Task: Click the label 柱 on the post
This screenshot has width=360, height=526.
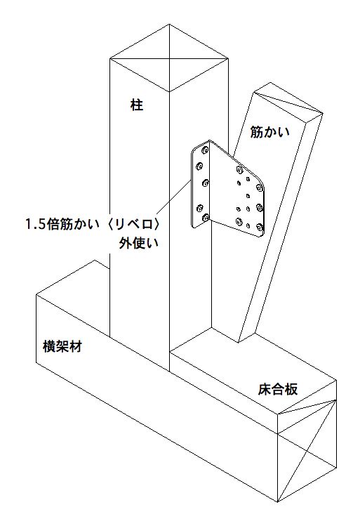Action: point(137,105)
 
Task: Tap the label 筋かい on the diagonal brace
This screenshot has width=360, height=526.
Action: point(270,132)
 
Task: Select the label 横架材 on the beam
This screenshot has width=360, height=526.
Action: point(62,346)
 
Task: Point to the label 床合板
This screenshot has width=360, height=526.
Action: point(278,389)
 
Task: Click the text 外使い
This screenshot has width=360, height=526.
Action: point(138,243)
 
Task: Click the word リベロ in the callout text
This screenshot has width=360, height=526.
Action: point(132,224)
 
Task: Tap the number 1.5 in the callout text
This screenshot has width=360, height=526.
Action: point(36,224)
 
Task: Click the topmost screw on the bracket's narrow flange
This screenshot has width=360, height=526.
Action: point(204,150)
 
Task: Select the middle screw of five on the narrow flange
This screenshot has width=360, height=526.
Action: point(206,183)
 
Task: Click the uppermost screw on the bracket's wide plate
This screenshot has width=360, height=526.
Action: point(239,169)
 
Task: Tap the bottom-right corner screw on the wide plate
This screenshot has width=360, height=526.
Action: point(260,228)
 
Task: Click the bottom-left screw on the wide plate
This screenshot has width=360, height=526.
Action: point(239,221)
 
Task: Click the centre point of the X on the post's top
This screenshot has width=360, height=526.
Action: point(169,59)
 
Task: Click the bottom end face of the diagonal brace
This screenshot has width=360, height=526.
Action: point(247,338)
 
